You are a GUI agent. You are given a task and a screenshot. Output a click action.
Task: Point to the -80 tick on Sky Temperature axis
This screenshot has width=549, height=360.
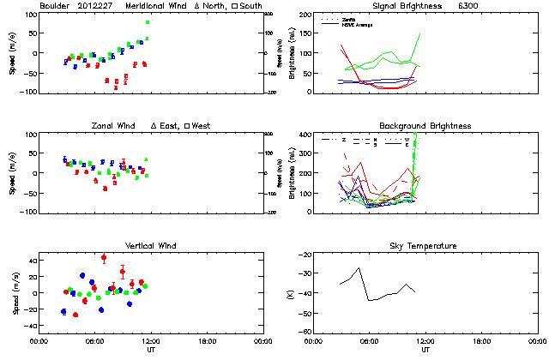(305, 332)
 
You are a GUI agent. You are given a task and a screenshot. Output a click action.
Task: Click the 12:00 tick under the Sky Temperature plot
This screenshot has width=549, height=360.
(425, 340)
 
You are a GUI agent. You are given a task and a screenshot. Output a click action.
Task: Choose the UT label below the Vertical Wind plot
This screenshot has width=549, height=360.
(150, 351)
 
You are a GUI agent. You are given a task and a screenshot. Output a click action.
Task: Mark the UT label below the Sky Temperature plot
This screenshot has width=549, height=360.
(425, 351)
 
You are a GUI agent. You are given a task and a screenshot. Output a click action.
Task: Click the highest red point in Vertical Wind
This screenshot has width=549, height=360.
(104, 257)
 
